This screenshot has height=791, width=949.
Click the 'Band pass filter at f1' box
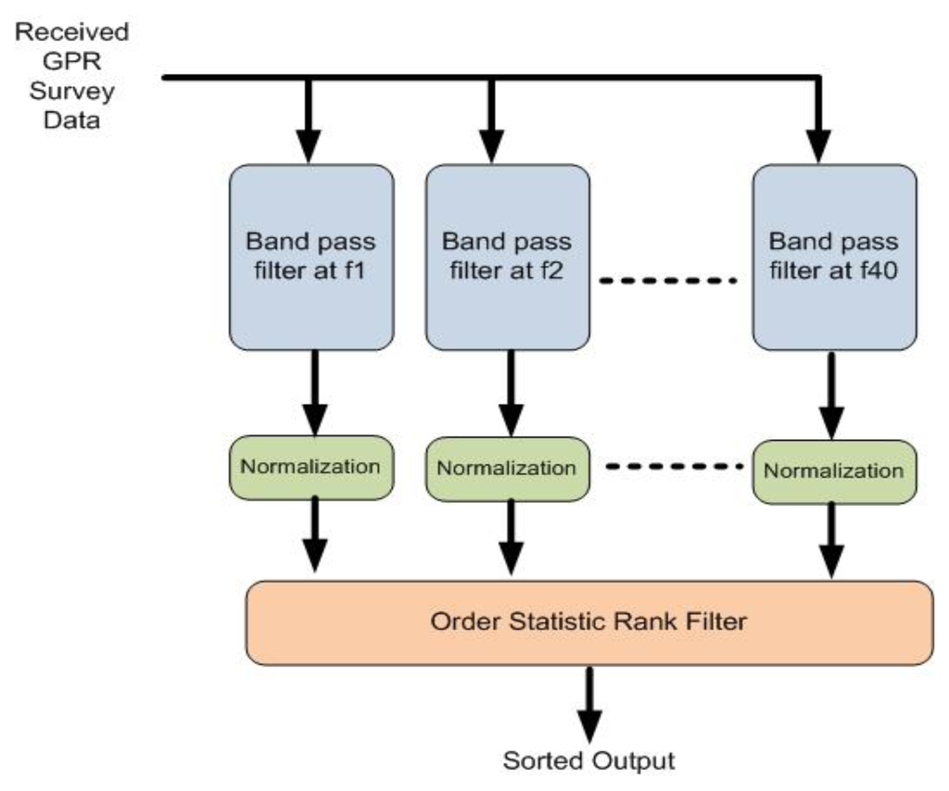tap(311, 257)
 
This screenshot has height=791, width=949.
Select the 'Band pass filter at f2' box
tap(507, 257)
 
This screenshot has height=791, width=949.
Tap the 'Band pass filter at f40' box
tap(834, 257)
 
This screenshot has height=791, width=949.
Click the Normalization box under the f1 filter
tap(311, 467)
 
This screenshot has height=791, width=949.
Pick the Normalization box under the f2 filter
tap(507, 468)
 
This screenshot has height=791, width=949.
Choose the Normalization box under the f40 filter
tap(834, 471)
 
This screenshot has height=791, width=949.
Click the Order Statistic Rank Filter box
tap(588, 621)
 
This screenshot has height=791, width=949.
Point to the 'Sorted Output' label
tap(588, 761)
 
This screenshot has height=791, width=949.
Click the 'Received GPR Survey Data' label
tap(72, 77)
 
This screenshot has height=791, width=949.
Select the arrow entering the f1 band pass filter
tap(309, 125)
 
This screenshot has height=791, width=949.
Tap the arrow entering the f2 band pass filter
tap(492, 125)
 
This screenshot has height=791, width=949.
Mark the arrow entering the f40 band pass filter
tap(818, 125)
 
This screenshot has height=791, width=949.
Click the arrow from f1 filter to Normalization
tap(316, 394)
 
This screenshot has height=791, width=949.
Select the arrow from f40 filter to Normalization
tap(830, 396)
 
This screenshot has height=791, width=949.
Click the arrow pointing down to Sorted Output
tap(588, 704)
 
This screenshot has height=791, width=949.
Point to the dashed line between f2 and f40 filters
tap(669, 279)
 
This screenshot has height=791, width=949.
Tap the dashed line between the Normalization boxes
tap(676, 467)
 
